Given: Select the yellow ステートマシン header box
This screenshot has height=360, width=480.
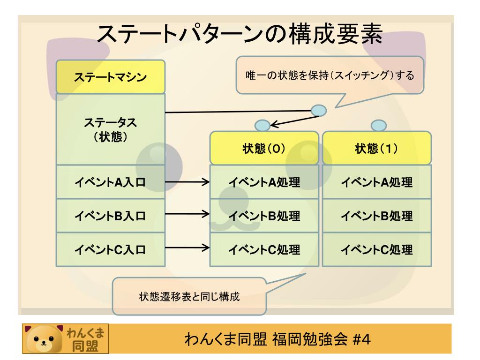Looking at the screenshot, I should point(111,77).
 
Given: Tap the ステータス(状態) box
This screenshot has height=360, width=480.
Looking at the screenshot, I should point(111,128).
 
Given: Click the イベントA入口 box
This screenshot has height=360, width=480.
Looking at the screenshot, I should point(111,182).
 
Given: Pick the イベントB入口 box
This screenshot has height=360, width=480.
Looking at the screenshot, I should point(111,216).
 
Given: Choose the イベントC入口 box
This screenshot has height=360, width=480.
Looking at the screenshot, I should point(111,249).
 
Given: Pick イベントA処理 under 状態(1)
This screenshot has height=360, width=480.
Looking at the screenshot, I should point(377,182).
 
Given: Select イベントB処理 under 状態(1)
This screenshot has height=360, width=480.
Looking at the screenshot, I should point(377,216).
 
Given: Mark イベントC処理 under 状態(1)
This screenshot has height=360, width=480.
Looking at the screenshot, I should point(377,249).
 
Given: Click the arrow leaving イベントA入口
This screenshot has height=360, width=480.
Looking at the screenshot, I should point(187,182).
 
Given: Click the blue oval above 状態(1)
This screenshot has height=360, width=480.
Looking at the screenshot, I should point(378,125).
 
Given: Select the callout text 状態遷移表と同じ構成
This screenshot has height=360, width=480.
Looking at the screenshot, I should point(189,297).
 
